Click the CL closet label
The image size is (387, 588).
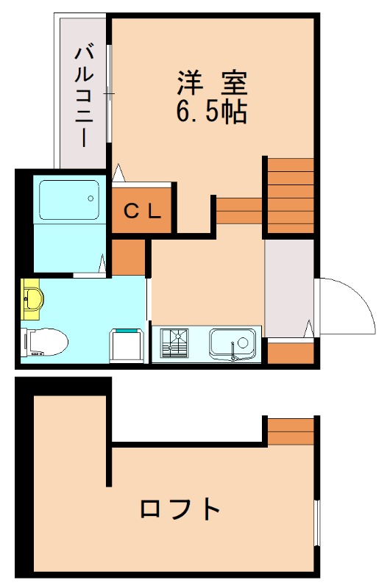tap(142, 212)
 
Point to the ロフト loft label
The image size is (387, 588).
tap(180, 509)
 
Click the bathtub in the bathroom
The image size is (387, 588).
tap(68, 198)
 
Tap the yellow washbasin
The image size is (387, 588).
tap(33, 298)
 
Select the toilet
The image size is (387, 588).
tap(46, 340)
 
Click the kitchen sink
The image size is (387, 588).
tap(232, 343)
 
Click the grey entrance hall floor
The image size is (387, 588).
tap(288, 287)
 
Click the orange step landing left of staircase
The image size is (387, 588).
tap(239, 210)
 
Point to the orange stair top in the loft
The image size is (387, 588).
tap(291, 431)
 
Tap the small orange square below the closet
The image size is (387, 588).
tap(129, 255)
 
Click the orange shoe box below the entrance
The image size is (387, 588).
tap(290, 352)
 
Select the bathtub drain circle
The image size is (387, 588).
tap(90, 198)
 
